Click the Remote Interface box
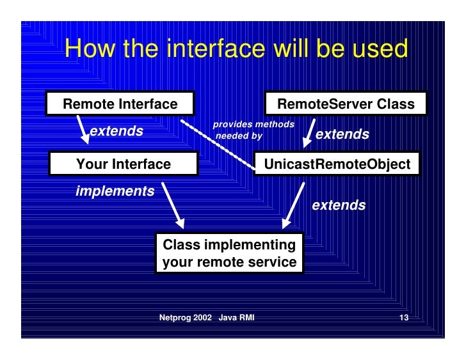point(120,104)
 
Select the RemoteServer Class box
point(345,104)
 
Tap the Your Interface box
point(124,164)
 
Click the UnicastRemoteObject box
point(337,164)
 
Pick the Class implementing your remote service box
point(230,254)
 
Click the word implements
point(115,191)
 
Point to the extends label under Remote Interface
point(116,132)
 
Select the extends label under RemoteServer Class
point(342,134)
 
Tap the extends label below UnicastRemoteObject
point(339,205)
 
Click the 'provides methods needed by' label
point(253,129)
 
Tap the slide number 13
point(403,318)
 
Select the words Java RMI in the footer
point(236,318)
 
